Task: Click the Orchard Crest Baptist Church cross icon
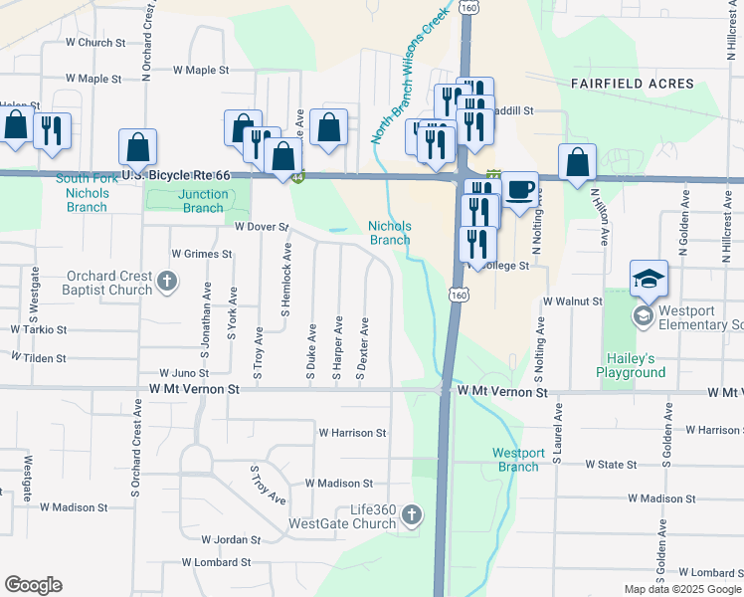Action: click(x=167, y=283)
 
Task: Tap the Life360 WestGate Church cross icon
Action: click(x=412, y=514)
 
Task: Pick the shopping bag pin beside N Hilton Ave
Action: click(x=577, y=162)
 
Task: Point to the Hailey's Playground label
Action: click(x=631, y=365)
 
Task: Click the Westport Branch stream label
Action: click(x=517, y=460)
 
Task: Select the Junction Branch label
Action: click(x=203, y=201)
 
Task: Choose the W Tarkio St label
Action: click(x=39, y=328)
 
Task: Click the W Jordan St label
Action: click(x=230, y=540)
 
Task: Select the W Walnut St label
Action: click(x=572, y=300)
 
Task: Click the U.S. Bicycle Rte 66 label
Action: click(x=175, y=176)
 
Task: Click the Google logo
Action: click(x=33, y=585)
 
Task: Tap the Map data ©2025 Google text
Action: click(x=682, y=589)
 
